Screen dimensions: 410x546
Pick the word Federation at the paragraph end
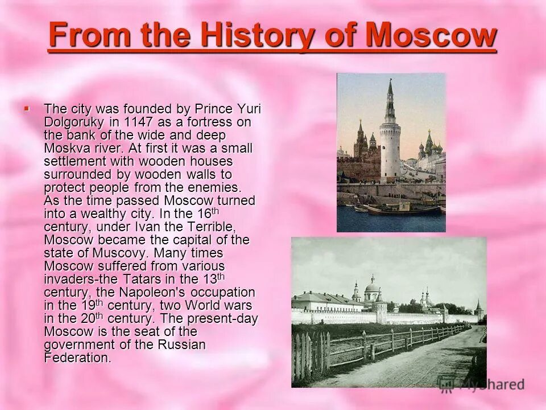77,358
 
